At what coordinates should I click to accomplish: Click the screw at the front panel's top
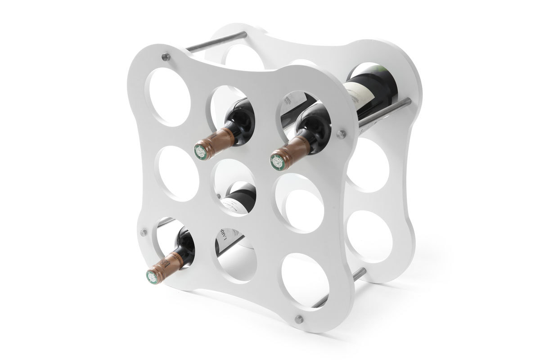166,57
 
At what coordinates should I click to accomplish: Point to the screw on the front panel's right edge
341,134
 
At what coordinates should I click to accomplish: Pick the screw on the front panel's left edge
144,232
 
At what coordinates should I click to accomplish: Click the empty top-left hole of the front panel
167,95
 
